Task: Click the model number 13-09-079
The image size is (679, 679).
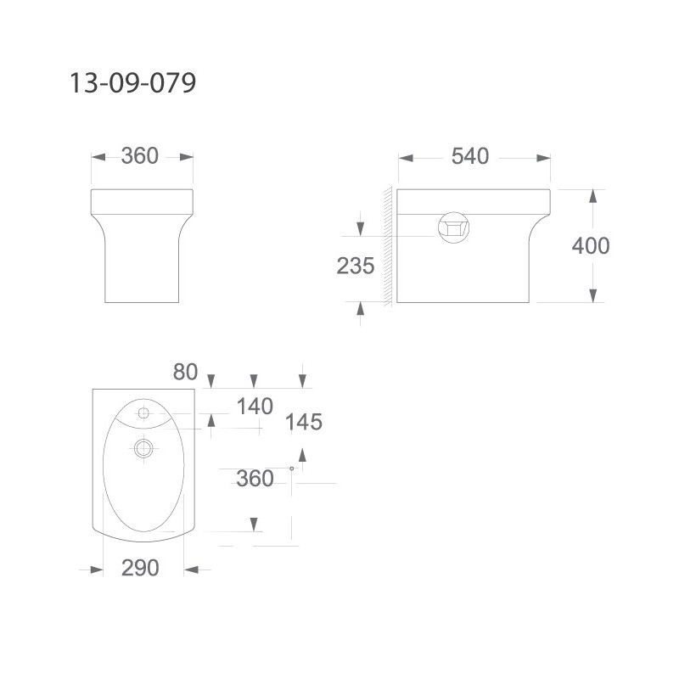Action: click(132, 82)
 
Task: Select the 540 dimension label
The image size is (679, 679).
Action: click(470, 156)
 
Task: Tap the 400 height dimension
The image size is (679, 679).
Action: click(591, 246)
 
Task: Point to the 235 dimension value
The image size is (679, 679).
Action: click(356, 266)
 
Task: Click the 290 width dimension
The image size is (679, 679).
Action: click(140, 568)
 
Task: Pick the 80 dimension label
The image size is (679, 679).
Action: click(185, 372)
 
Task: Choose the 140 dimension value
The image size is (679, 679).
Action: click(255, 407)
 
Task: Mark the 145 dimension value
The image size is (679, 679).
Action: click(304, 422)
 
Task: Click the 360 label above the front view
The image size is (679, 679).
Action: click(140, 156)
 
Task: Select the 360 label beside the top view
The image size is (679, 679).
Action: click(255, 479)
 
